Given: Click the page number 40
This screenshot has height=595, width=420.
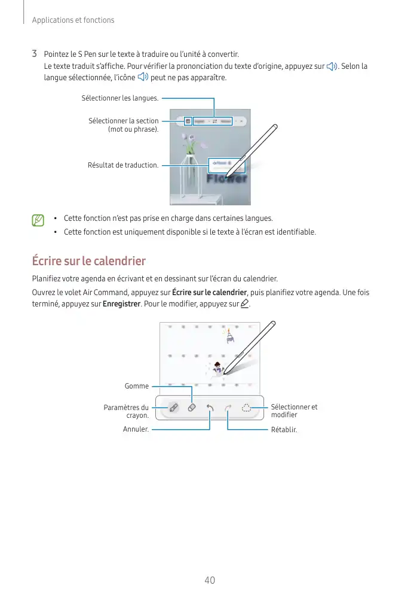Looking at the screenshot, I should pos(209,580).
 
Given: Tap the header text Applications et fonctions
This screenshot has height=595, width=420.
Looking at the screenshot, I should pos(73,20).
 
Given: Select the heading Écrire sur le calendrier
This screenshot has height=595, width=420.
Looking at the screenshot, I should pos(88,261).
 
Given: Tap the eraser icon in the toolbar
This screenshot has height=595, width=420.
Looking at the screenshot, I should pos(192,408).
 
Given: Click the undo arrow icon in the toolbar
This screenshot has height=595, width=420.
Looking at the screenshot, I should pos(210,408).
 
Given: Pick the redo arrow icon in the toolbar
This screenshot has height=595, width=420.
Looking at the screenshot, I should pos(228,408).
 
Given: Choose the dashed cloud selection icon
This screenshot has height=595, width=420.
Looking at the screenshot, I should pos(246,408).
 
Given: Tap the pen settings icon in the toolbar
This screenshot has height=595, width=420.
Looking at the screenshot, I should pos(173,408).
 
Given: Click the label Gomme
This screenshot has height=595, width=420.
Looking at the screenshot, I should pos(137,387).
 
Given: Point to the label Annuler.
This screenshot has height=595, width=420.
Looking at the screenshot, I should pos(136,429).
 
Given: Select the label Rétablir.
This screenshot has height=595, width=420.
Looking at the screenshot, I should pos(284,429).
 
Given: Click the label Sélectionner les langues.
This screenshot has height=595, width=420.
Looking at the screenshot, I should pos(120,98).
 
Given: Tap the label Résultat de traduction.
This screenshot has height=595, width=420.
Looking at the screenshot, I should pos(123,165).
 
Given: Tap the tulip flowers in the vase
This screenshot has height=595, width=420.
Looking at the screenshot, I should pos(189,144).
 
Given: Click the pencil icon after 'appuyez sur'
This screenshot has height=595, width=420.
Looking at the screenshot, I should pos(244,305).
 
